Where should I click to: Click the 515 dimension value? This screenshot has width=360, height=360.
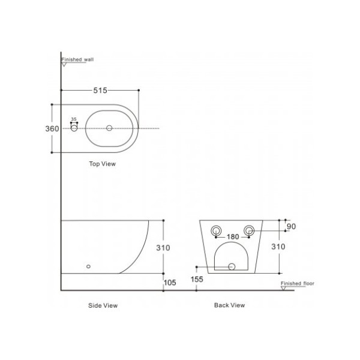tap(100, 90)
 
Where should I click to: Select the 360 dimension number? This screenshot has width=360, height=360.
tap(52, 128)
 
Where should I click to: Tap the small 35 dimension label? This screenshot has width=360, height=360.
tap(74, 119)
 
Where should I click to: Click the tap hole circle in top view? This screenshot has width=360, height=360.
tap(74, 128)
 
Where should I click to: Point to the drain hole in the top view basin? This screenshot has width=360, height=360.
tap(109, 128)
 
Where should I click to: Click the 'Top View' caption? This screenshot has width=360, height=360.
tap(103, 164)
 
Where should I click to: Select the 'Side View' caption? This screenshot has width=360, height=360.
tap(103, 305)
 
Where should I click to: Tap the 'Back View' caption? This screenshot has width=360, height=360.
tap(230, 305)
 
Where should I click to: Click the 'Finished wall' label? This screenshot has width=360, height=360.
tap(77, 59)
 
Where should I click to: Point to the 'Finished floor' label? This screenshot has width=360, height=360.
tap(298, 283)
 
